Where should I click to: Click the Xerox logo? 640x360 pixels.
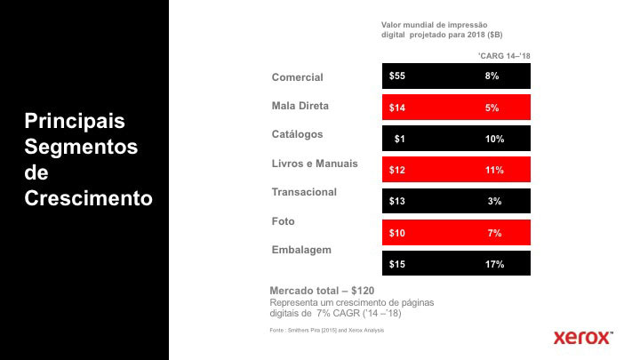click(583, 337)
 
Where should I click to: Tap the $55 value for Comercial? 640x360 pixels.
click(397, 76)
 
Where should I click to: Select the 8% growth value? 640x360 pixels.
click(492, 76)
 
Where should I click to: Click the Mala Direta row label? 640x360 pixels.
click(300, 106)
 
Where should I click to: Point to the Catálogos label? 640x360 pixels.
click(297, 134)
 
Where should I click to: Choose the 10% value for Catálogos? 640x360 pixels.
click(495, 140)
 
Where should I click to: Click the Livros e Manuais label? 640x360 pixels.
click(315, 164)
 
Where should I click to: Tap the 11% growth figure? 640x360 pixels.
click(495, 170)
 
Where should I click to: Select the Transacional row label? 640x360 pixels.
click(304, 192)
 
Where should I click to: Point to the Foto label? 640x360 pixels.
click(283, 221)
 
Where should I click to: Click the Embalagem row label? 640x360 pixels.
click(301, 250)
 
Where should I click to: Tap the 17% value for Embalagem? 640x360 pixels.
click(495, 264)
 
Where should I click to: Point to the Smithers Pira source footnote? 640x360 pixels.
click(327, 331)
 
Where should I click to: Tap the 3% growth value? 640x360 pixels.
click(495, 202)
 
